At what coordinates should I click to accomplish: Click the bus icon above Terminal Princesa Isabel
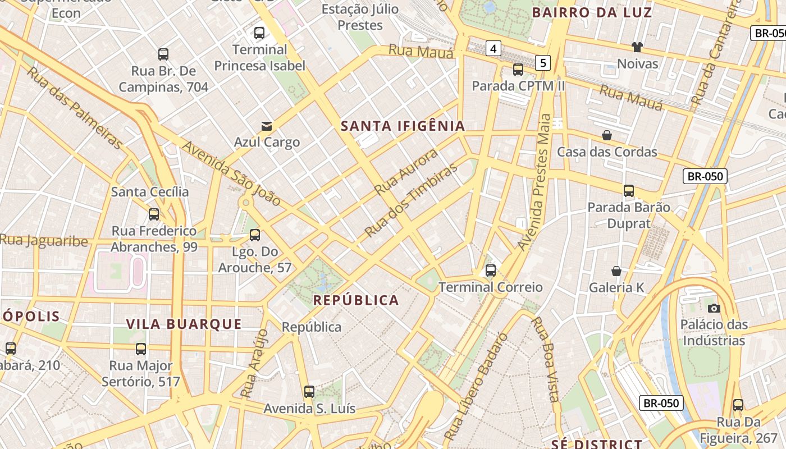(259, 33)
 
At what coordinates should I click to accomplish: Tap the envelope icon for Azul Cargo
(266, 126)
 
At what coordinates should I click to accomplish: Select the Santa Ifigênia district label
(403, 126)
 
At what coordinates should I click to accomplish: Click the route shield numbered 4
(493, 49)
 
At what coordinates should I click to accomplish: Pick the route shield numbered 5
(542, 62)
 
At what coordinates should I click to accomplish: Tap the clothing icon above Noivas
(637, 47)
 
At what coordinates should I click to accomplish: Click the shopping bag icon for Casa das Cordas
(606, 135)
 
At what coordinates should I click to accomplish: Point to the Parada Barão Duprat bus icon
(628, 191)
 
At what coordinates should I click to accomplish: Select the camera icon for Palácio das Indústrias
(714, 308)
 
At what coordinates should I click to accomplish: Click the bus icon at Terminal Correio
(490, 271)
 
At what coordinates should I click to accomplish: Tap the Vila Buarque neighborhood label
(184, 324)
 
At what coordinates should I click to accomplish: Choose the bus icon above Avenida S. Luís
(309, 392)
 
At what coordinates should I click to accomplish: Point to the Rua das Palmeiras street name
(75, 109)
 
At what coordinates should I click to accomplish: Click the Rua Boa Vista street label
(545, 360)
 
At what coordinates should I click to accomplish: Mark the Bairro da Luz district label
(592, 12)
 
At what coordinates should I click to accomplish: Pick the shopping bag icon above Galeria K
(616, 272)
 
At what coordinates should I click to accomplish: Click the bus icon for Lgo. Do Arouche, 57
(255, 235)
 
